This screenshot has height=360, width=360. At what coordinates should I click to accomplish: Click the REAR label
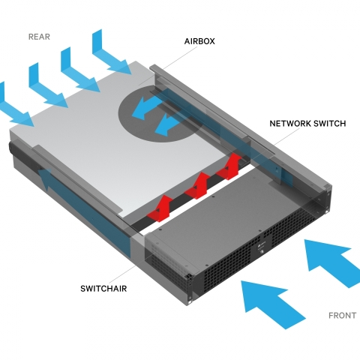coord(39,37)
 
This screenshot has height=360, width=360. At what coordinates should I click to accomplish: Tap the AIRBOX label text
coord(199,41)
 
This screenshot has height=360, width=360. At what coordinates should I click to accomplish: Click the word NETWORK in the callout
coord(289,124)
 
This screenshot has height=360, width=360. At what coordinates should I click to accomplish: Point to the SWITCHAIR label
coord(103,289)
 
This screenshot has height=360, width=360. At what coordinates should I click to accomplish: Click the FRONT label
coord(342,316)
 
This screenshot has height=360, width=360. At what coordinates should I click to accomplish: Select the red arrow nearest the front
coord(160,208)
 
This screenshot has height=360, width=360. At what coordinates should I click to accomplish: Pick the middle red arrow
coord(197,185)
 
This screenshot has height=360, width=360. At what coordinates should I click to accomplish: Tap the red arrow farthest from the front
coord(229,166)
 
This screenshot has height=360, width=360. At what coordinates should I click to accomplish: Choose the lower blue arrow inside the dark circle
coord(166,124)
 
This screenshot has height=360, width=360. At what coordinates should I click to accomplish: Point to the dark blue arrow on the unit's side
coord(85,212)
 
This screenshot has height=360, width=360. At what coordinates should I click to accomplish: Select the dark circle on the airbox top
coord(160,114)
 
